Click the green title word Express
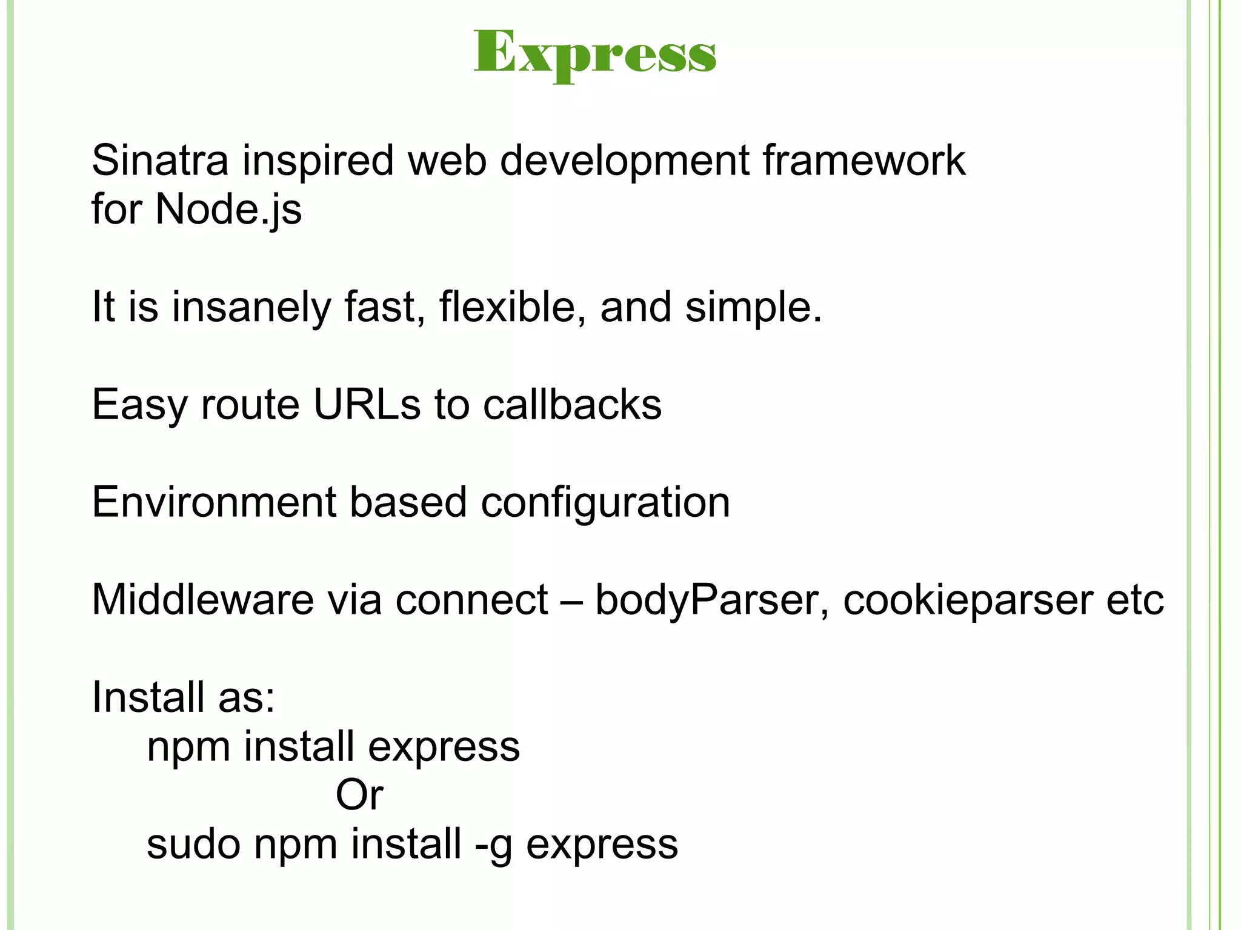(594, 55)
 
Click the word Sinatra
(160, 161)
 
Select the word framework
(863, 161)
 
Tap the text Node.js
(228, 209)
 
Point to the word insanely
(251, 307)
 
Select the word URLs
(367, 404)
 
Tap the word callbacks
(572, 404)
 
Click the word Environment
(213, 502)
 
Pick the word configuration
(605, 502)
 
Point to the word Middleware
(202, 600)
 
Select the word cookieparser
(968, 600)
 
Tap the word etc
(1135, 600)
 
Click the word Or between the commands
(359, 795)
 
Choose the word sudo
(193, 844)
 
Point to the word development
(625, 162)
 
